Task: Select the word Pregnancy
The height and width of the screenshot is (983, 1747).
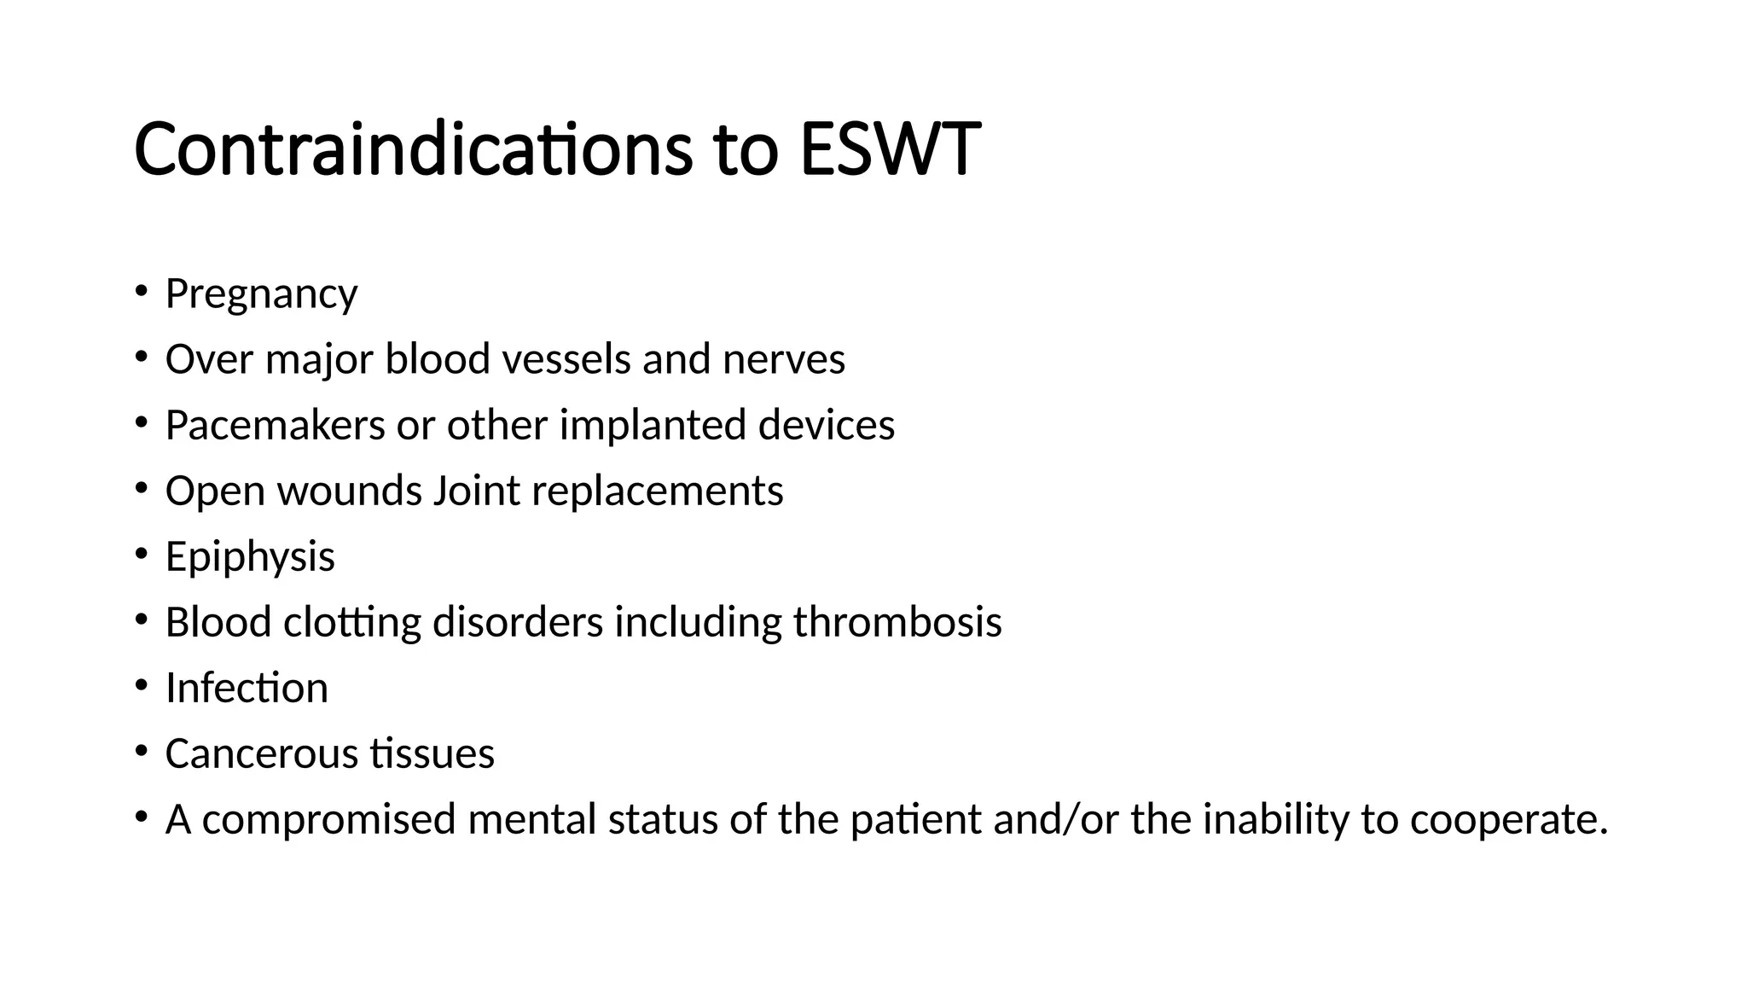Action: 261,294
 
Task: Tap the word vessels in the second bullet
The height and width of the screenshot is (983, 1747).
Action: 566,359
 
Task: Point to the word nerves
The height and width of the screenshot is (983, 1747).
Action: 783,359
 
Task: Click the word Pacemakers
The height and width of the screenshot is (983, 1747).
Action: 275,425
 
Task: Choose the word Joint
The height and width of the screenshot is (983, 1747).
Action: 476,491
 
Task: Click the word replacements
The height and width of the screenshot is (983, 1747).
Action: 657,491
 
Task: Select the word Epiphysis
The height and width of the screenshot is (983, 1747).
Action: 250,557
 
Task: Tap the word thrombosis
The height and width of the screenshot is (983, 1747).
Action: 897,622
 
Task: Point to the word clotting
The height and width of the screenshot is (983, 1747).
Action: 351,622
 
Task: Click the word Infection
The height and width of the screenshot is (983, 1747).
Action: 247,688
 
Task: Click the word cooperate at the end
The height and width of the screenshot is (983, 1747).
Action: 1508,819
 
